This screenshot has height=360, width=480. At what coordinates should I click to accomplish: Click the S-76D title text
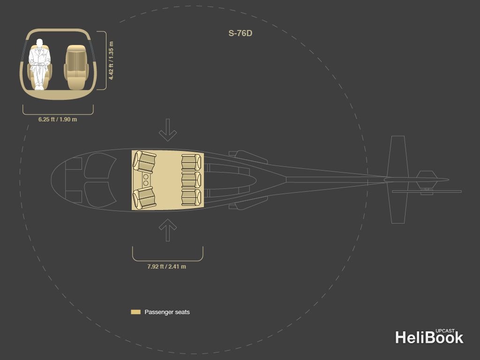click(240, 33)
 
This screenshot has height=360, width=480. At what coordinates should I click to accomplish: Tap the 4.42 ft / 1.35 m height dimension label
click(112, 60)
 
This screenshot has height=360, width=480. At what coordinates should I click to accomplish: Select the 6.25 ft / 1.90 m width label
click(58, 119)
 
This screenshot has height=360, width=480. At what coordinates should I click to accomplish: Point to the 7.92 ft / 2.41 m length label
click(166, 266)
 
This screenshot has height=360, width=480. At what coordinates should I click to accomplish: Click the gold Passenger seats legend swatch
click(135, 312)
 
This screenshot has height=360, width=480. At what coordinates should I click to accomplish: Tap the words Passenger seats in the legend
click(167, 312)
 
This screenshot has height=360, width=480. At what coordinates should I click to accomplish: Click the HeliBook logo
click(429, 337)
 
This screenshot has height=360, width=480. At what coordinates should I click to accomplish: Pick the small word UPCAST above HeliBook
click(445, 330)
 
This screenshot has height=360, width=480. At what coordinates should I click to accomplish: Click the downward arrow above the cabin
click(167, 130)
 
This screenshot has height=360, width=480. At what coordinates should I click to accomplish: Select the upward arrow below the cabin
click(167, 230)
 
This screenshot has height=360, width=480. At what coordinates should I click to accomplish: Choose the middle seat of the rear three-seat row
click(191, 180)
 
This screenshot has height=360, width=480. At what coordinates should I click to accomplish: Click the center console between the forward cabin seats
click(146, 180)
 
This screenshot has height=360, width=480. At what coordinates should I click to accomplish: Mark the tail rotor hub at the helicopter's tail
click(427, 180)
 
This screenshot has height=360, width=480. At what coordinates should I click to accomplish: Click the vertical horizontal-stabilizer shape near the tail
click(397, 180)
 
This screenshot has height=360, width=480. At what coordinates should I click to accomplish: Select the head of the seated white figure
click(39, 43)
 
